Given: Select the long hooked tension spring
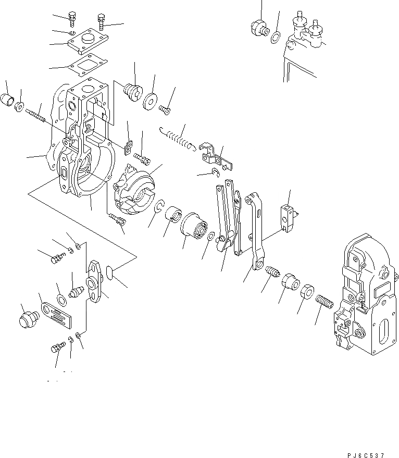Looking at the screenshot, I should (177, 138).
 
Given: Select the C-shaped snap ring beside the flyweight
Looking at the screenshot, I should (160, 207).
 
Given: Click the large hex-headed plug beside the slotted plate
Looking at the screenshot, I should (28, 318).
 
